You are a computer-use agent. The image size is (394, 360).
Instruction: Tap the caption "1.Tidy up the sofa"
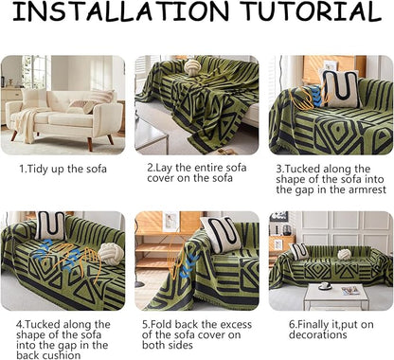[x=63, y=169]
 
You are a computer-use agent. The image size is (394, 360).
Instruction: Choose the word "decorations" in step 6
[x=318, y=334]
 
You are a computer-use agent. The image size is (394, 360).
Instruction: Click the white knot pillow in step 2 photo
[x=191, y=67]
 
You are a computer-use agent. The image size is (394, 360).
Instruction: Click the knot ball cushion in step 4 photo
[x=110, y=255]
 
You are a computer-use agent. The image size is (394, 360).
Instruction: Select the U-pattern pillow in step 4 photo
[x=50, y=225]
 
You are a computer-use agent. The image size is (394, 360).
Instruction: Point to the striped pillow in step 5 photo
[x=221, y=234]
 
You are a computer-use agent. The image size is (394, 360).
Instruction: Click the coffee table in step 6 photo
[x=336, y=297]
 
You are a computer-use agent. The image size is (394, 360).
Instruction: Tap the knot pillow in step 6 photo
[x=344, y=254]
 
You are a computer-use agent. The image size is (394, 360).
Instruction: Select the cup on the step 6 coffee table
[x=324, y=286]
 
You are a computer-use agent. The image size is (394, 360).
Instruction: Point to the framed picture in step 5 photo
[x=170, y=222]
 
